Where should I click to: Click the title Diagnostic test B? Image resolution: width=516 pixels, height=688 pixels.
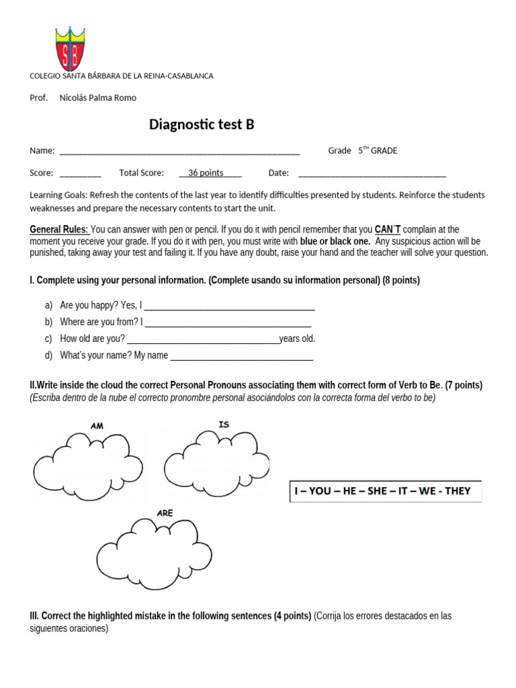[x=202, y=124]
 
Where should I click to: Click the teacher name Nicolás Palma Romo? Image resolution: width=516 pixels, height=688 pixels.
[x=97, y=97]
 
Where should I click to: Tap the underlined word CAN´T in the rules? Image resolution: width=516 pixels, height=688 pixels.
[x=388, y=230]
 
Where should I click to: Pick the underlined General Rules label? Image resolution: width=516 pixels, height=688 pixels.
[x=58, y=230]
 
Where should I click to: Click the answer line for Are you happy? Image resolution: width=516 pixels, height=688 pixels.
[x=230, y=308]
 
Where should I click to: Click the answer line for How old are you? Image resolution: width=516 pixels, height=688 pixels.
[x=203, y=341]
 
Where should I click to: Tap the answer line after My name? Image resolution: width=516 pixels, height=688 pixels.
[x=242, y=358]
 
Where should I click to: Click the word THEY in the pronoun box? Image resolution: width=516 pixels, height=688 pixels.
[x=458, y=491]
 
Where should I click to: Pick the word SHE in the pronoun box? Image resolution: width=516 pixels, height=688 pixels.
[x=377, y=491]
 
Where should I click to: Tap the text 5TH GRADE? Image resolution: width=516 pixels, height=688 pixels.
[x=378, y=150]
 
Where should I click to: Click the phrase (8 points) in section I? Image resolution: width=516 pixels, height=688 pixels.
[x=401, y=280]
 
